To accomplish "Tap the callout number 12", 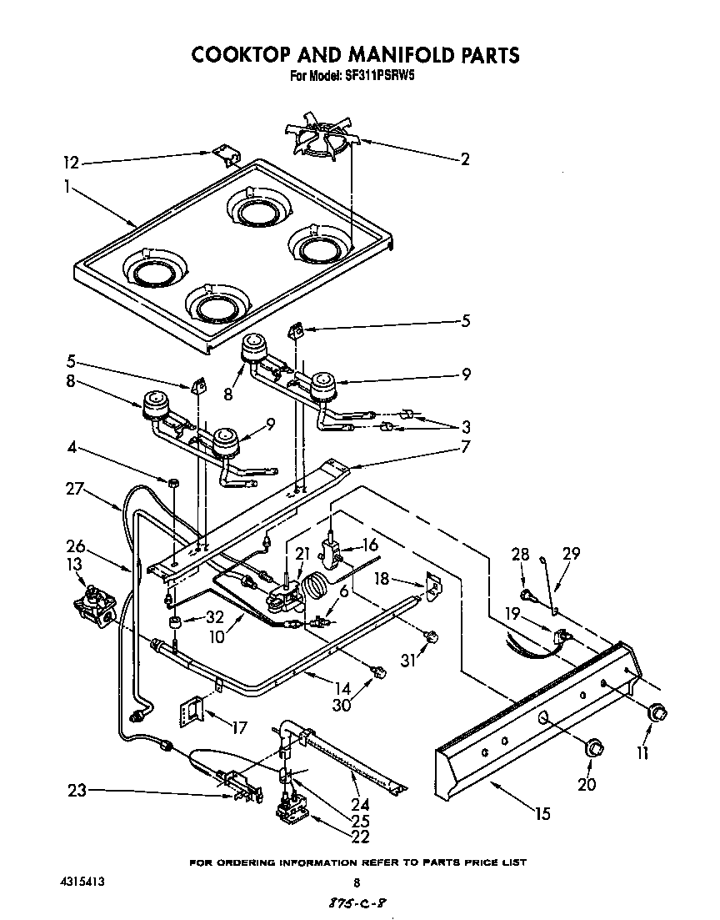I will click(74, 163).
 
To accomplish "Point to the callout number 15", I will click(543, 814).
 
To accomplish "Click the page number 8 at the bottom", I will click(357, 883).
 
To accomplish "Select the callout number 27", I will click(75, 490).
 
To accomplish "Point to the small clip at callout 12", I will click(222, 154).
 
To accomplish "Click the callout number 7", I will click(464, 447).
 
